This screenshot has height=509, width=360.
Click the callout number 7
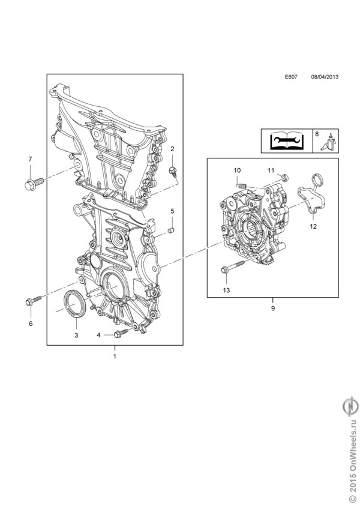(x=30, y=159)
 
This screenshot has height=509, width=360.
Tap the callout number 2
(x=172, y=148)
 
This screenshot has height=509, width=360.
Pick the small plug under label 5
(x=171, y=230)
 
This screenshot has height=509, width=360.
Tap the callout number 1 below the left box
(x=115, y=357)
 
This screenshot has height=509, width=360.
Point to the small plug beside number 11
(x=284, y=176)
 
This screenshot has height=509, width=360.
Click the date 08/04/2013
(x=325, y=77)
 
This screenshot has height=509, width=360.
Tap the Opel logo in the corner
(x=352, y=409)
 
